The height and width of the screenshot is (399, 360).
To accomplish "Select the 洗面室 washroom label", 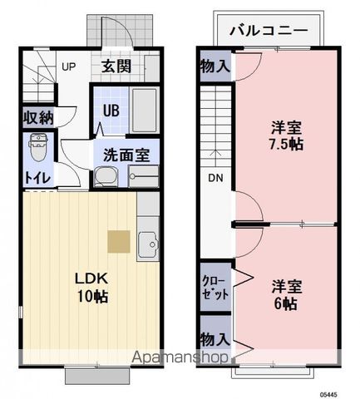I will click(126, 154).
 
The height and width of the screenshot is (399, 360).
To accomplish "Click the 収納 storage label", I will click(38, 117).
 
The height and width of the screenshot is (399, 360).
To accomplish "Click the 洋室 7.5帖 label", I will click(288, 135).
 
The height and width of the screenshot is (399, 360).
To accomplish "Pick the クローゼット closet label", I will click(215, 287).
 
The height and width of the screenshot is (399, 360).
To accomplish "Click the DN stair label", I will click(215, 177).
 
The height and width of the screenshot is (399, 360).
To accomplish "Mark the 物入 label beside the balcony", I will click(215, 66).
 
